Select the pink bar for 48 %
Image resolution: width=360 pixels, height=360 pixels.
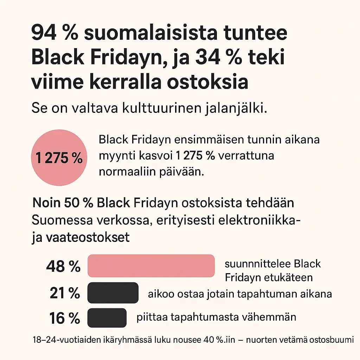tap(151, 266)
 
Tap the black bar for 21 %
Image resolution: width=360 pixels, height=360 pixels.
tap(113, 292)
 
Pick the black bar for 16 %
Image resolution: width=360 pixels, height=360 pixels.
tap(107, 317)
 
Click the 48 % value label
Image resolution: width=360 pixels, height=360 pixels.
tap(63, 266)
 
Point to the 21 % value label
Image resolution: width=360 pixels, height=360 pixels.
tap(65, 293)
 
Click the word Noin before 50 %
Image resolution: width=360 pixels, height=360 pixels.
tap(46, 203)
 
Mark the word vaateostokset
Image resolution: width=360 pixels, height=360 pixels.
tap(88, 237)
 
